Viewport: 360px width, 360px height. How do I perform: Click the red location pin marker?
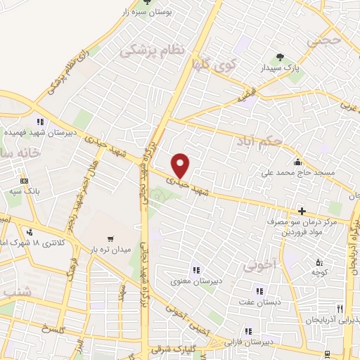point(181,165)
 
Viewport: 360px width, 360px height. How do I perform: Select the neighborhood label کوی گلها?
point(214,65)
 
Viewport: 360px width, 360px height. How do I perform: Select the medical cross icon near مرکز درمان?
point(302,210)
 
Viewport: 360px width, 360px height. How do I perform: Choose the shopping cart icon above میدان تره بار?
point(110,239)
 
